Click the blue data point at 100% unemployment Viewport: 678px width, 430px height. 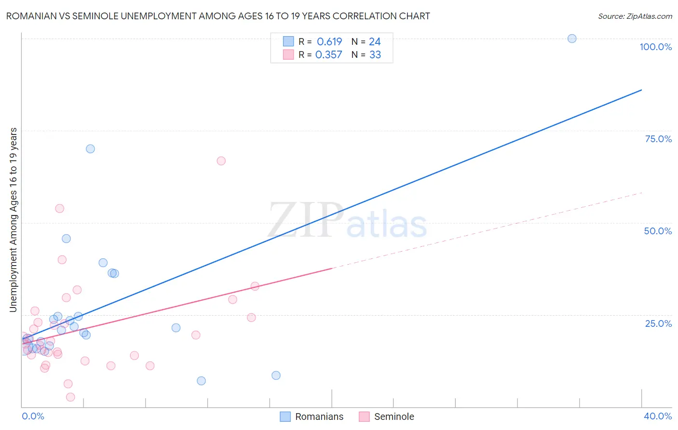tap(572, 39)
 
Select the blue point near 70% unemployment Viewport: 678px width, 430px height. tap(90, 149)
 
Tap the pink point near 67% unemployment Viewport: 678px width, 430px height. tap(221, 161)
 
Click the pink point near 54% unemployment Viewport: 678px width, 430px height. tap(60, 209)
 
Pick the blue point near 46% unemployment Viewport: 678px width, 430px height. tap(66, 239)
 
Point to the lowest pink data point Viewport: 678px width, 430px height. tap(70, 397)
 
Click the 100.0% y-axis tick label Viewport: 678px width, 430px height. tap(655, 47)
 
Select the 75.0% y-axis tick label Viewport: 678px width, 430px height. tap(658, 139)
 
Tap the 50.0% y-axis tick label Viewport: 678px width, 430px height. tap(658, 231)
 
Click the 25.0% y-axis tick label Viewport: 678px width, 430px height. tap(658, 323)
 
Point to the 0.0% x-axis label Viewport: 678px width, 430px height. tap(33, 416)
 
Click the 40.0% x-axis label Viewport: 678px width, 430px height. tap(657, 416)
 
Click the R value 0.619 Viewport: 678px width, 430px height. tap(329, 42)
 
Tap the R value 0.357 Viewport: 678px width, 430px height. tap(328, 55)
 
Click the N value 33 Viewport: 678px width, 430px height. tap(375, 55)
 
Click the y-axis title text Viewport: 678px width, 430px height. tap(13, 220)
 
